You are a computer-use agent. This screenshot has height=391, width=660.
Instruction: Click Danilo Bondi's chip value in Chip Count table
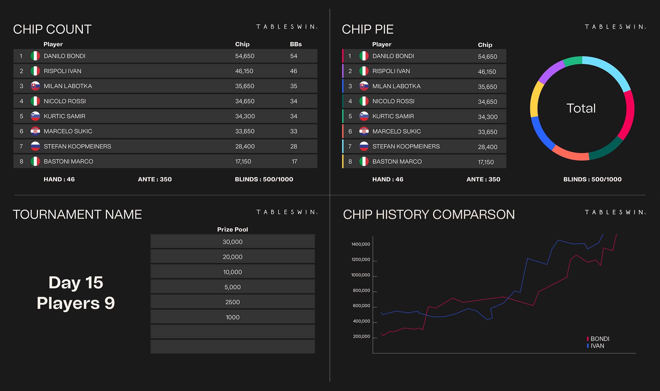pyautogui.click(x=244, y=56)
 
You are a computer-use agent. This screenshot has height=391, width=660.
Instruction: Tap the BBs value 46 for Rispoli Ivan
pyautogui.click(x=293, y=71)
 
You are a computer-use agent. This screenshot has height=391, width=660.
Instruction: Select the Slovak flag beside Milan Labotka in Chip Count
pyautogui.click(x=35, y=86)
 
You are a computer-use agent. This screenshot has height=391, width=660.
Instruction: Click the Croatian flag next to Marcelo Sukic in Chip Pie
pyautogui.click(x=364, y=131)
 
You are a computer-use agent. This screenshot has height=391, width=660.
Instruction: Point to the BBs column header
pyautogui.click(x=295, y=44)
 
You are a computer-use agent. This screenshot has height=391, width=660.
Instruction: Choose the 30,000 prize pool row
pyautogui.click(x=232, y=242)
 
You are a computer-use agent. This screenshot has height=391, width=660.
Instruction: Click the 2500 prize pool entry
pyautogui.click(x=232, y=302)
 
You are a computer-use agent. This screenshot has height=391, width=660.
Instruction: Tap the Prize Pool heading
pyautogui.click(x=232, y=229)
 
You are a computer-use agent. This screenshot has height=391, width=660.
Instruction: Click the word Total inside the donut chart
pyautogui.click(x=581, y=108)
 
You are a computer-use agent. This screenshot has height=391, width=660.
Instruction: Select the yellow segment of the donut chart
pyautogui.click(x=534, y=100)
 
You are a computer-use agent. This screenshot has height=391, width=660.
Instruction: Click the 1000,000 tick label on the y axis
pyautogui.click(x=360, y=275)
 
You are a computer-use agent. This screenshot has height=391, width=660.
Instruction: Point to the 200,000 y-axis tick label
pyautogui.click(x=361, y=337)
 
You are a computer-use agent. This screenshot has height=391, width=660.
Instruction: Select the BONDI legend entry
pyautogui.click(x=599, y=339)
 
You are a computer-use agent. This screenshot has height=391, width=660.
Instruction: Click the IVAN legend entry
pyautogui.click(x=597, y=346)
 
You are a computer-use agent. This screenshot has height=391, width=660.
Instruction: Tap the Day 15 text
pyautogui.click(x=76, y=283)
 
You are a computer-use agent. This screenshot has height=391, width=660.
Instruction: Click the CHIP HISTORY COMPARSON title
pyautogui.click(x=429, y=214)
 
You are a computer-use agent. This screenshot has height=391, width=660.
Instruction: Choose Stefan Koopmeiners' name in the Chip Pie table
pyautogui.click(x=406, y=147)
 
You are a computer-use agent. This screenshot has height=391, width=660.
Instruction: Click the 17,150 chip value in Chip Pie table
pyautogui.click(x=485, y=162)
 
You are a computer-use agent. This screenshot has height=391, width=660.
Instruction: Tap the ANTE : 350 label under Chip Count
pyautogui.click(x=155, y=179)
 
